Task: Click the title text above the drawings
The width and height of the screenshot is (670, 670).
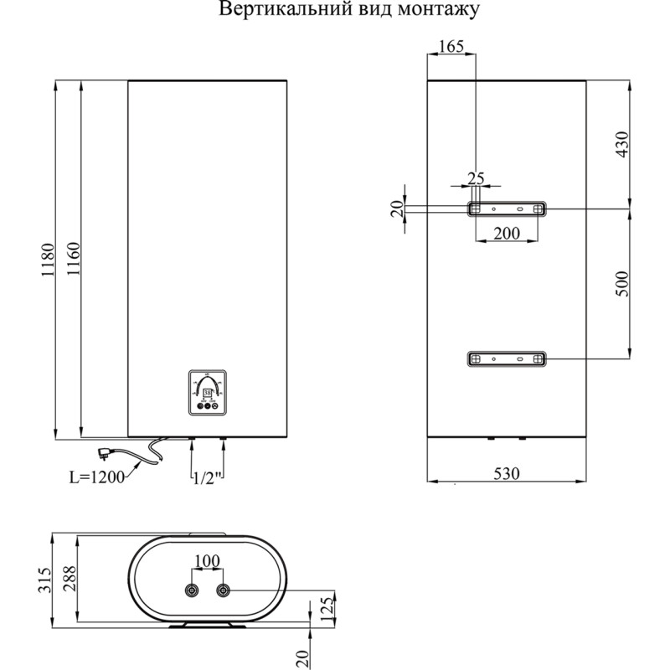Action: pos(348,11)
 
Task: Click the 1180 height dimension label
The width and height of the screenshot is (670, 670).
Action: pos(48,260)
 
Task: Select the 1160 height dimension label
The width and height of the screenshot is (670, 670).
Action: pos(73,260)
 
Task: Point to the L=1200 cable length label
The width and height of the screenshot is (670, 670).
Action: pos(95,477)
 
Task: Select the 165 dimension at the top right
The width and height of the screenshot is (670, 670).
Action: pos(451,47)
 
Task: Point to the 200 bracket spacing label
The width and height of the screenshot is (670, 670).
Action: pos(507,233)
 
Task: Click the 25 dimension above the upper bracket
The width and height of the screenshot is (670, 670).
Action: pos(476,178)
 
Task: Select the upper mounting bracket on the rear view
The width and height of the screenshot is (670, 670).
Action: pos(507,208)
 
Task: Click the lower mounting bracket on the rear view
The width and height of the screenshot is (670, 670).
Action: pos(507,358)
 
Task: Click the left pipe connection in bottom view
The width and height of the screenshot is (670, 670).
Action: pos(193,591)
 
